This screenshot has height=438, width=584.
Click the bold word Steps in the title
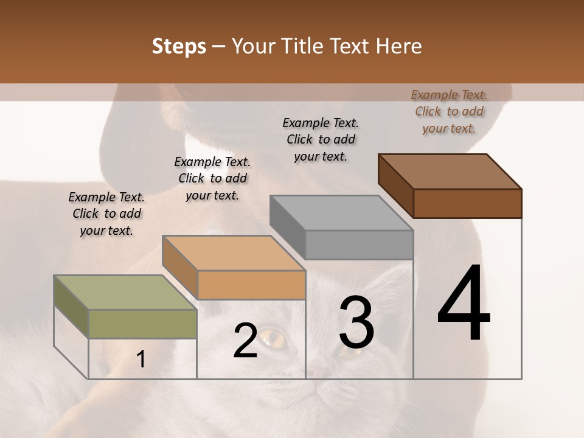(x=179, y=46)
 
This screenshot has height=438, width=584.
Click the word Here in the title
(x=398, y=46)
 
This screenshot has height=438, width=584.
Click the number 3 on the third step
(x=356, y=322)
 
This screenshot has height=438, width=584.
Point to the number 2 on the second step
(x=245, y=341)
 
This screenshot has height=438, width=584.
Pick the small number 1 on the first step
(x=141, y=359)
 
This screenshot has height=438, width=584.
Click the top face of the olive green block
(x=125, y=293)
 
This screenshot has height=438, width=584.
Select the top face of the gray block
(x=341, y=213)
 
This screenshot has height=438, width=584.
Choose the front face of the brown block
(x=467, y=203)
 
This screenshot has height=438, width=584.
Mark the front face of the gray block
(x=359, y=245)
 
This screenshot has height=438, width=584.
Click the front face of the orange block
(x=251, y=285)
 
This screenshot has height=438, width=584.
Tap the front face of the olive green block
(x=142, y=324)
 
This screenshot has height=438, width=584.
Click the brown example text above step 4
(x=449, y=111)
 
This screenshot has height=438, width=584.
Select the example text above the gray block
(x=321, y=139)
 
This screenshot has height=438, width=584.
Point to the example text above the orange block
(x=212, y=178)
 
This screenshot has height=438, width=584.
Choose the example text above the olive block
(x=106, y=214)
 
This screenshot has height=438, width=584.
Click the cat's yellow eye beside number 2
(x=271, y=336)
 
